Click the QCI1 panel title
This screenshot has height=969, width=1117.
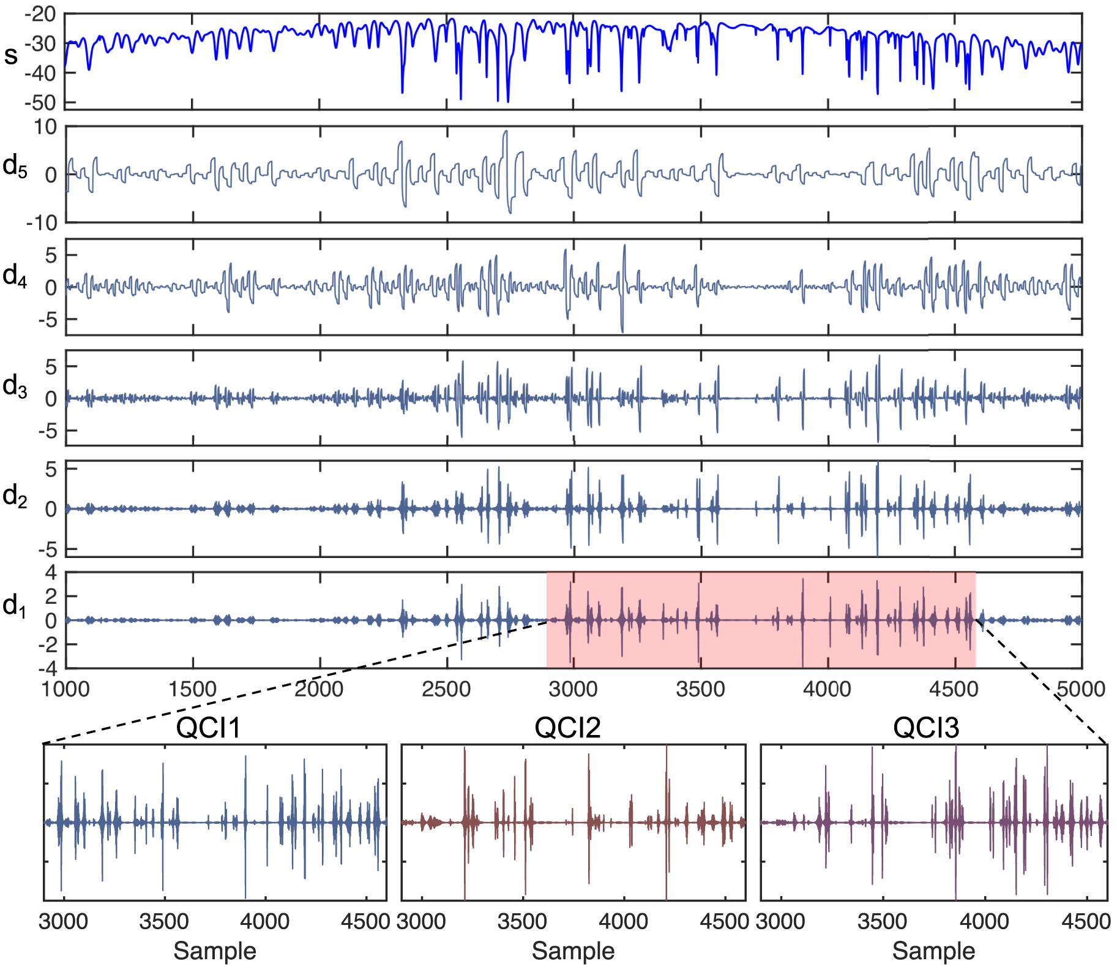tap(208, 728)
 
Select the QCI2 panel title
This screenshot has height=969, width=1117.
tap(567, 728)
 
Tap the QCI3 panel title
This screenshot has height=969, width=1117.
tap(926, 728)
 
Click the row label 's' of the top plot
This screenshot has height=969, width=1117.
tap(11, 55)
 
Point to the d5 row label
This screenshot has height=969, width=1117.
tap(15, 165)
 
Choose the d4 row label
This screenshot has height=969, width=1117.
tap(15, 276)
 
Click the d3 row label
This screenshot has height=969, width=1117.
tap(15, 387)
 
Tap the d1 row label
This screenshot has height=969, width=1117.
tap(15, 606)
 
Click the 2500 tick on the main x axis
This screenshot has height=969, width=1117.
tap(446, 689)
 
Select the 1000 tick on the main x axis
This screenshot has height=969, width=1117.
tap(65, 689)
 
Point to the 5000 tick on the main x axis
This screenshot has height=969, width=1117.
tap(1081, 689)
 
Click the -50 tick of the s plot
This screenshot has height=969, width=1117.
tap(40, 102)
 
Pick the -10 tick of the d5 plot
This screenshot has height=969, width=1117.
tap(42, 223)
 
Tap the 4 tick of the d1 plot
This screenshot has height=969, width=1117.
tap(51, 573)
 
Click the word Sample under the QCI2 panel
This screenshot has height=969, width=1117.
tap(573, 951)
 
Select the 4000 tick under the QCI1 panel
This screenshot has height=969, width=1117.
tap(264, 921)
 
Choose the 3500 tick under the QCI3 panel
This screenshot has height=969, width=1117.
tap(882, 921)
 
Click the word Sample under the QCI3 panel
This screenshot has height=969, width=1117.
tap(933, 951)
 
